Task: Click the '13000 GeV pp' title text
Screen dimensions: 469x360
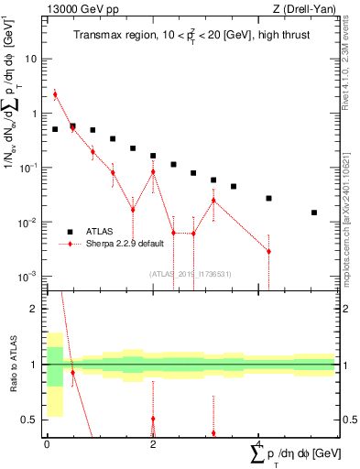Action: (x=80, y=9)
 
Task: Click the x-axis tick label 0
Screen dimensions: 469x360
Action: (x=47, y=444)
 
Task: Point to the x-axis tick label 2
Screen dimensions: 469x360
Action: (x=153, y=444)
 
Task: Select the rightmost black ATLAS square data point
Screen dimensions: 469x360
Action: (x=314, y=213)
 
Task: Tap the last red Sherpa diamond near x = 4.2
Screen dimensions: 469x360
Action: (x=268, y=251)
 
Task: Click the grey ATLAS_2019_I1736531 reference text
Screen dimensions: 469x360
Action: (x=191, y=273)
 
